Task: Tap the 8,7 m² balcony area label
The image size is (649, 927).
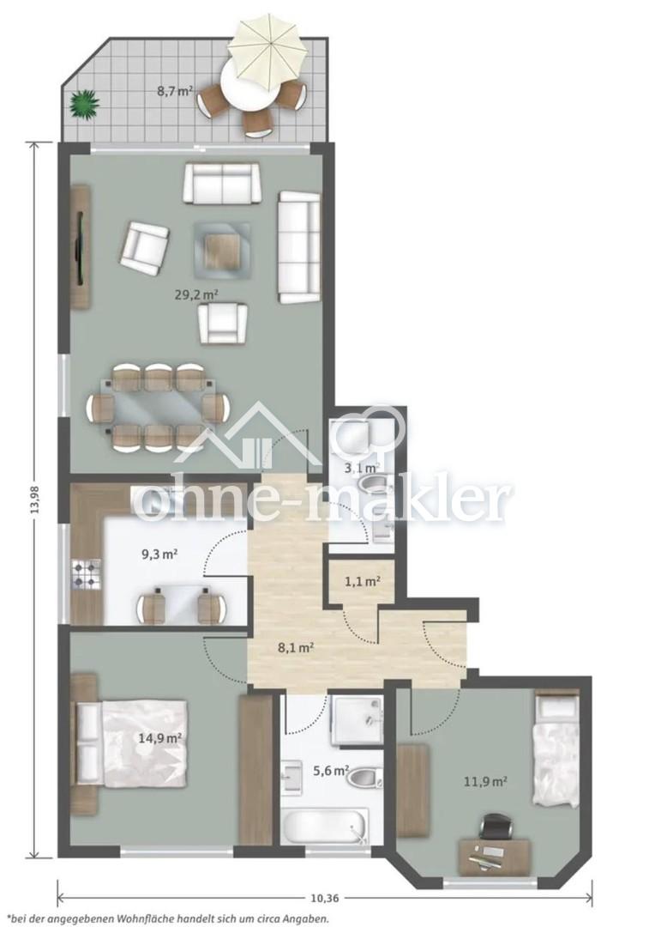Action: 174,91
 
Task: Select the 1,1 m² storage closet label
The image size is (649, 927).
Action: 362,581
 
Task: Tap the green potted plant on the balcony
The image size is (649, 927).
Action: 84,105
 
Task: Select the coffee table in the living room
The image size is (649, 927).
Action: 221,250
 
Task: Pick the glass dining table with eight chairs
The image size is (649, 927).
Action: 159,407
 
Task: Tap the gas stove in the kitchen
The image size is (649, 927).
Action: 87,573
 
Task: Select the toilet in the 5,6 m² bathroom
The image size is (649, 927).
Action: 364,778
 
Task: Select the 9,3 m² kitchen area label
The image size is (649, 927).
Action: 160,554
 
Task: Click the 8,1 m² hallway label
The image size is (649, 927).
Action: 295,647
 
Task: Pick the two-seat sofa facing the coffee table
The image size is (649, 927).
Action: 221,183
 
